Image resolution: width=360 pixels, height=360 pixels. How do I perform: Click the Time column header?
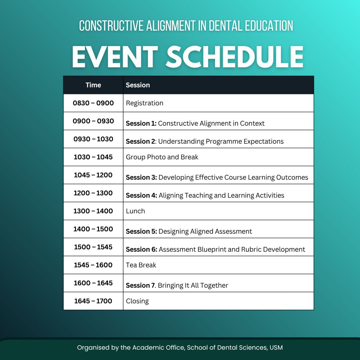click(x=93, y=85)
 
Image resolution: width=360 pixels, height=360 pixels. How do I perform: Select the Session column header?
click(x=138, y=85)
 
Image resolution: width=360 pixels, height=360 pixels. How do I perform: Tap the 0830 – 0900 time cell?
click(x=93, y=103)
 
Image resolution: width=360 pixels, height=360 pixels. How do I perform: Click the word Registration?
click(x=144, y=103)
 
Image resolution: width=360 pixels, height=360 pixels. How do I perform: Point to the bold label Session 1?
click(x=141, y=123)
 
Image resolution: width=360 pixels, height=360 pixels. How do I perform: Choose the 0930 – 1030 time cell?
click(x=93, y=139)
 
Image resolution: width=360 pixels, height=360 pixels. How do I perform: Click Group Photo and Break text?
click(x=162, y=157)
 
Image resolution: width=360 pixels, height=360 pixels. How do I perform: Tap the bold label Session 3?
click(x=141, y=177)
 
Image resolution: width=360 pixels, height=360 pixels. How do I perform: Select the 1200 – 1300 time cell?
click(x=93, y=193)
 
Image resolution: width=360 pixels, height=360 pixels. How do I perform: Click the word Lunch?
click(x=135, y=211)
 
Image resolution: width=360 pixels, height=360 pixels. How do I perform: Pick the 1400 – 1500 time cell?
click(x=93, y=229)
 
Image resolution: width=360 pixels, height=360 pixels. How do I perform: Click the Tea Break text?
click(x=141, y=265)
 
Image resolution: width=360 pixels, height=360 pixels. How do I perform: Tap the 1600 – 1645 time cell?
click(x=93, y=283)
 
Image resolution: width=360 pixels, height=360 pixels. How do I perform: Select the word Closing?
click(x=137, y=301)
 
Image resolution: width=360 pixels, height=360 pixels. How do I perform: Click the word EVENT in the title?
click(x=115, y=57)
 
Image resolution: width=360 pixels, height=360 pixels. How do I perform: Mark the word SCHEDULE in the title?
click(x=235, y=57)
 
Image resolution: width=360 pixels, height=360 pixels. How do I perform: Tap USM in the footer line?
click(x=276, y=348)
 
